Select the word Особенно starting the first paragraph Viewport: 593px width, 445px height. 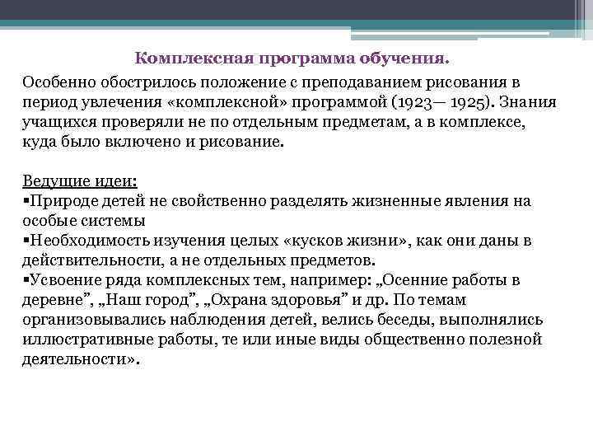(x=58, y=84)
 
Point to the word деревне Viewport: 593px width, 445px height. (x=55, y=300)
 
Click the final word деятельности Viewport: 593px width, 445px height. (x=76, y=359)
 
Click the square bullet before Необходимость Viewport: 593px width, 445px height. (x=26, y=241)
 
